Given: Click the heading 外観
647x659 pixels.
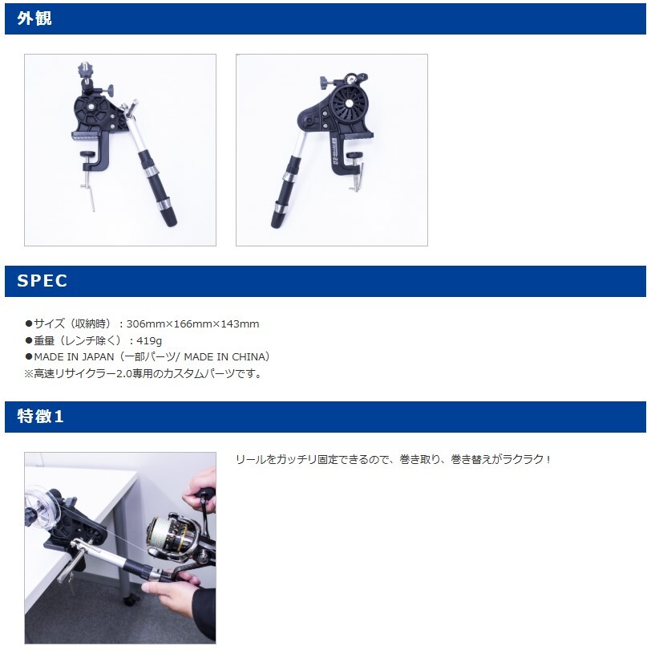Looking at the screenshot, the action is click(34, 18).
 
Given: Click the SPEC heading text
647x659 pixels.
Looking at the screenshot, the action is click(42, 281).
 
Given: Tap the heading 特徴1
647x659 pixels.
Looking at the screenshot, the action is click(40, 416).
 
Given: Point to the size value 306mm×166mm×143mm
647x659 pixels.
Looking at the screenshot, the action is click(192, 324).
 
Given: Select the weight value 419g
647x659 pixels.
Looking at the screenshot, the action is click(149, 340).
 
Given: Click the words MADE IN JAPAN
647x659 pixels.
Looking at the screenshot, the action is click(74, 357).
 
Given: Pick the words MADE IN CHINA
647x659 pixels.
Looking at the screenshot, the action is click(224, 357).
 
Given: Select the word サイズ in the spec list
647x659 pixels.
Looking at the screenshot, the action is click(50, 324).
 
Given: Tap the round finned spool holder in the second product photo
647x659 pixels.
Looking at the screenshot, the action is click(350, 102).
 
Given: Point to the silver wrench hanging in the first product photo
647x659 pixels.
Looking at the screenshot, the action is click(89, 193).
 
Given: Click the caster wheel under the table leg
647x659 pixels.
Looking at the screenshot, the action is click(129, 600).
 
